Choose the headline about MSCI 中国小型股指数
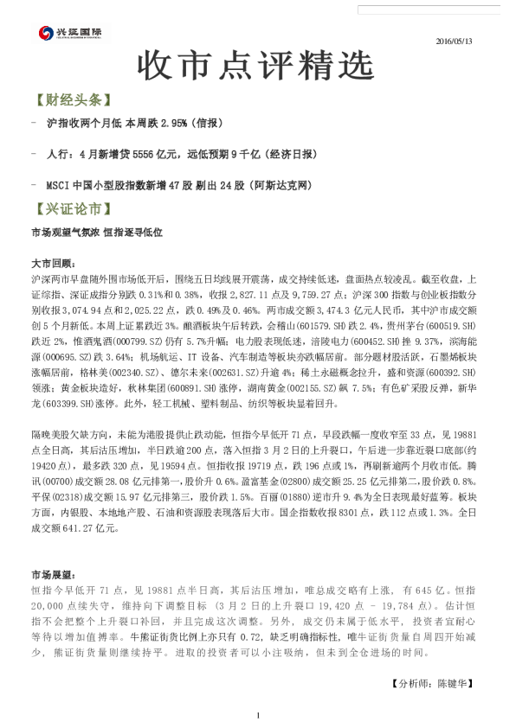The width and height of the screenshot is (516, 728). (x=177, y=185)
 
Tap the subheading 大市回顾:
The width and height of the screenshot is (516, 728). (x=53, y=263)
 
